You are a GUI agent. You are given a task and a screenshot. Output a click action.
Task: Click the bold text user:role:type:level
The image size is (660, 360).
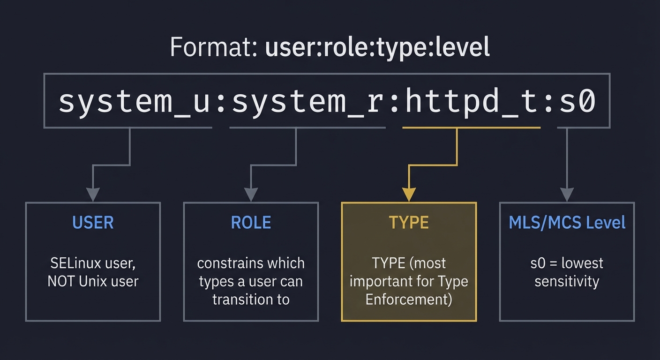click(x=377, y=47)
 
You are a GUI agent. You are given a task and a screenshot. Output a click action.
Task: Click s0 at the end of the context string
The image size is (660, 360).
click(x=577, y=101)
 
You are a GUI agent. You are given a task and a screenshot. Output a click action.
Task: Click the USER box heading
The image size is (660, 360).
click(x=93, y=223)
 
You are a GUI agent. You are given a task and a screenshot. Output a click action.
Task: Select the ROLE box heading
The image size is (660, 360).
click(x=251, y=223)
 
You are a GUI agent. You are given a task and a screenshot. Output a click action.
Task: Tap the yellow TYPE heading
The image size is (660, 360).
click(x=409, y=223)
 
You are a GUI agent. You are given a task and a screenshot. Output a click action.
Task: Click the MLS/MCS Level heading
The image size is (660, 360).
click(x=567, y=223)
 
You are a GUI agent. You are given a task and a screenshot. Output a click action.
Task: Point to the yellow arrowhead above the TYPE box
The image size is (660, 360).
click(x=409, y=194)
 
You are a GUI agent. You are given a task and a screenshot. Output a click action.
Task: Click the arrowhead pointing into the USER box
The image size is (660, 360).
click(x=93, y=194)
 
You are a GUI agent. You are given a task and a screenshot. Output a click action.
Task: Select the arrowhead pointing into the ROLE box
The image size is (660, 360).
click(x=251, y=194)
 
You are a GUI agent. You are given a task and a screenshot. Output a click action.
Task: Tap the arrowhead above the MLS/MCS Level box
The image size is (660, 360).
click(x=567, y=194)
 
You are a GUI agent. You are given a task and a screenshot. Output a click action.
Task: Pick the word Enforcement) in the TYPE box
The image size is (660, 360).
click(x=409, y=299)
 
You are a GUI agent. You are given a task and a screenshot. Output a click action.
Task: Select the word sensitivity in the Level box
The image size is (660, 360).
click(x=567, y=281)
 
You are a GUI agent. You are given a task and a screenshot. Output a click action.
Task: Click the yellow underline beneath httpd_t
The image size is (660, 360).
click(x=471, y=127)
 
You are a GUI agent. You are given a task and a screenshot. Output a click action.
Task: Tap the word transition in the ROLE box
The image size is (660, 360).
click(x=240, y=299)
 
